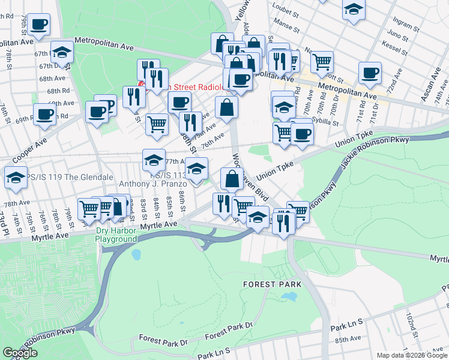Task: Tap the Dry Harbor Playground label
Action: (x=116, y=234)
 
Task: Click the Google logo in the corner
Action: (x=20, y=353)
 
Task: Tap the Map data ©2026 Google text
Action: (x=412, y=355)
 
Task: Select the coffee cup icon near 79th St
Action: (x=39, y=25)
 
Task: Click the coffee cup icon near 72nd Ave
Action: (x=370, y=73)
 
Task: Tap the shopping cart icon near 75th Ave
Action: (x=157, y=124)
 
